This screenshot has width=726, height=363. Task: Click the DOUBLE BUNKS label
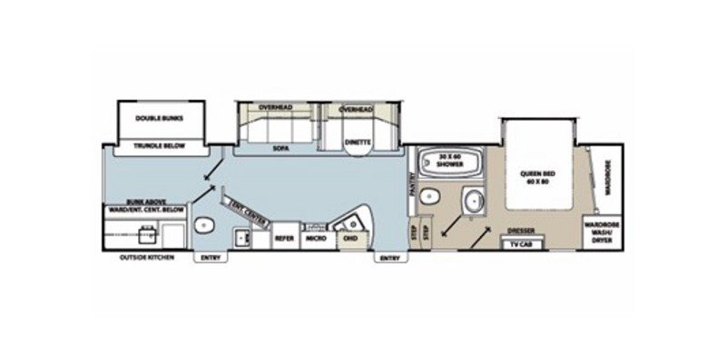160,118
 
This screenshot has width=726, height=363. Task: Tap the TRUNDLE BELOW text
160,144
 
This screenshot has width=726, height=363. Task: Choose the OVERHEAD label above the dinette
356,109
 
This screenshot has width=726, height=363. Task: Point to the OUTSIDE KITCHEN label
147,258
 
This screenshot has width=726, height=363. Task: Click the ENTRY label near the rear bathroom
210,258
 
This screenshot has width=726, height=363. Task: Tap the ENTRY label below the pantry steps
389,258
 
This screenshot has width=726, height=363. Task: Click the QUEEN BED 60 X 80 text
537,174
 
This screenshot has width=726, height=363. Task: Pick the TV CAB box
521,242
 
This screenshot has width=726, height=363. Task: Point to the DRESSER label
521,231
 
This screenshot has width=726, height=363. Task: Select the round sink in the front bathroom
472,201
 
